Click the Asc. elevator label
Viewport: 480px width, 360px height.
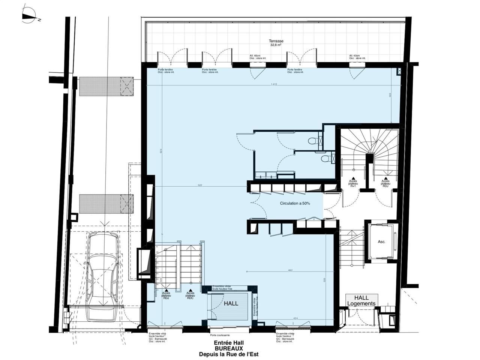point(381,242)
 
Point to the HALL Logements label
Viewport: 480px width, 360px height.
point(361,301)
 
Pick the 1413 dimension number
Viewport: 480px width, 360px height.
point(274,84)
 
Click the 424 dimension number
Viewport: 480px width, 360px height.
point(295,319)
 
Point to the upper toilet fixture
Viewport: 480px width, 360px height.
point(312,141)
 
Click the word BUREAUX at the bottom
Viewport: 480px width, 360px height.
point(229,348)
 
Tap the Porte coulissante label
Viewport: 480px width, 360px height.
point(220,335)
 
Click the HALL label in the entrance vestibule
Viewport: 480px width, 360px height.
point(231,304)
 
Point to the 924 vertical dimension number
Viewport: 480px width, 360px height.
point(161,152)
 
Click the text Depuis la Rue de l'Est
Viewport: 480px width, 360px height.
point(229,354)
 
